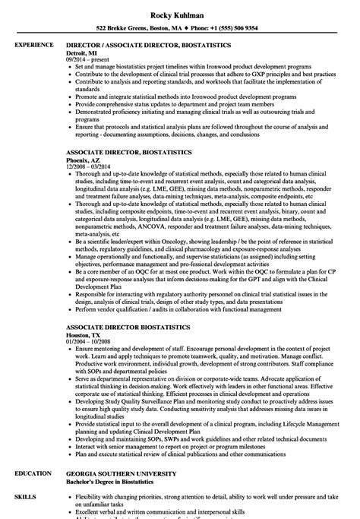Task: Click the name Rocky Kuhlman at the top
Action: [179, 8]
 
